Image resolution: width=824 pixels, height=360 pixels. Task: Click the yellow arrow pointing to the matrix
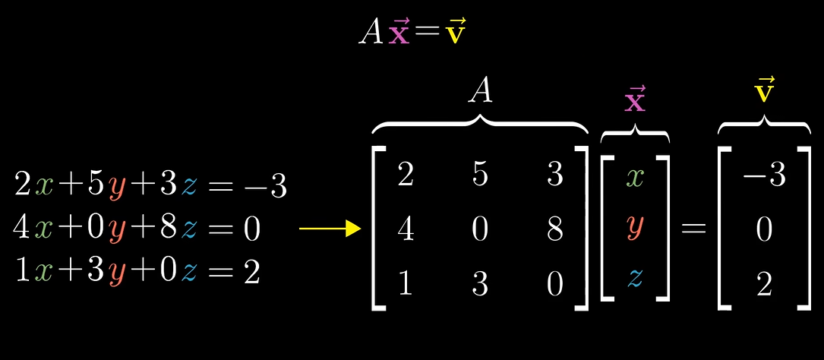[330, 229]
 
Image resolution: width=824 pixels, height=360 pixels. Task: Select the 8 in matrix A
[554, 229]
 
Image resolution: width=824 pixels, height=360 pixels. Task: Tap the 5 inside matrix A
[479, 174]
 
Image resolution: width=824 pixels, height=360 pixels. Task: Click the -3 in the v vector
[763, 175]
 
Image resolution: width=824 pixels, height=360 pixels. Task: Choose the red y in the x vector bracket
[635, 229]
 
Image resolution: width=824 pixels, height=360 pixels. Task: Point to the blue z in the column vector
[635, 279]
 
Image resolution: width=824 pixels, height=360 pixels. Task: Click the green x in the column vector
[635, 177]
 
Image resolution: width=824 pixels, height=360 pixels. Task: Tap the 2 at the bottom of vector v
[763, 284]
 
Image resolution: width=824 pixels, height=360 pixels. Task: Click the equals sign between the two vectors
[693, 229]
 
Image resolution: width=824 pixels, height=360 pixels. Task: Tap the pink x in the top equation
[399, 33]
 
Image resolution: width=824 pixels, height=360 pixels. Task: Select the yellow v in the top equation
[456, 33]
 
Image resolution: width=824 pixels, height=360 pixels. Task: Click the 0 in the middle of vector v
[763, 229]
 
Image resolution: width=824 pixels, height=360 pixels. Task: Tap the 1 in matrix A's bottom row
[405, 284]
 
